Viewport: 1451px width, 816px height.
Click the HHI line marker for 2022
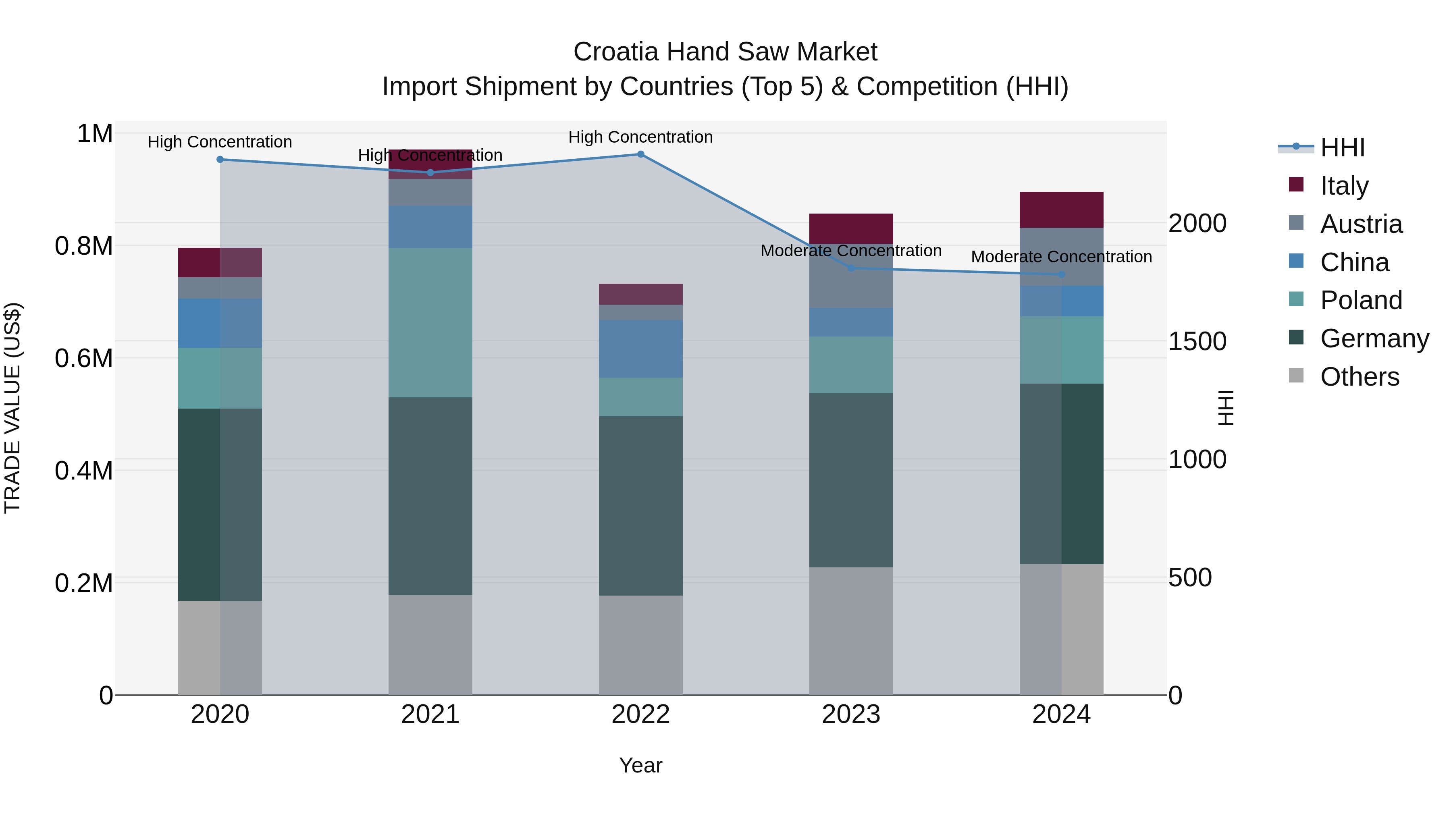pyautogui.click(x=640, y=154)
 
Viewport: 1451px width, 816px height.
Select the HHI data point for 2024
pyautogui.click(x=1061, y=275)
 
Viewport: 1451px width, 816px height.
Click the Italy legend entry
pyautogui.click(x=1343, y=186)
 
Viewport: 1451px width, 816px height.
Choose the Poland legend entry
pyautogui.click(x=1360, y=300)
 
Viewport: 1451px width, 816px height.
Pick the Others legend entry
pyautogui.click(x=1359, y=377)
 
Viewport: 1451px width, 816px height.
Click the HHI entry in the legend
pyautogui.click(x=1342, y=147)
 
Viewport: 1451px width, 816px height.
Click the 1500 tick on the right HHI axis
pyautogui.click(x=1197, y=342)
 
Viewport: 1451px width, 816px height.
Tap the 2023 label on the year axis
pyautogui.click(x=850, y=714)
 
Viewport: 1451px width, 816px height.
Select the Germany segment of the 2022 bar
pyautogui.click(x=640, y=506)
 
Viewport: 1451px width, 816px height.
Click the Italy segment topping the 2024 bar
pyautogui.click(x=1061, y=210)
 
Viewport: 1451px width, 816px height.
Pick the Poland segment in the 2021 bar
pyautogui.click(x=430, y=323)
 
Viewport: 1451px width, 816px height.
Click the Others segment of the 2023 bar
pyautogui.click(x=850, y=631)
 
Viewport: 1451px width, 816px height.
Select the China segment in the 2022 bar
pyautogui.click(x=640, y=349)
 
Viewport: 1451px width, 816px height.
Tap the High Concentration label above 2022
pyautogui.click(x=640, y=137)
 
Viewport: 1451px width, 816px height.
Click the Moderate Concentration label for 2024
pyautogui.click(x=1061, y=257)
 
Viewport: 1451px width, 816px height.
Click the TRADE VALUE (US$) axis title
pyautogui.click(x=12, y=408)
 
